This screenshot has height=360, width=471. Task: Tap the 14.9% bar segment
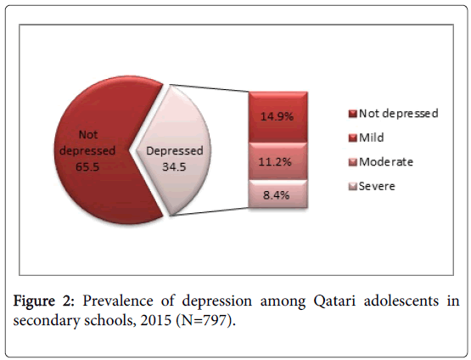278,116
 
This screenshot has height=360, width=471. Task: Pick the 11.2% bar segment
278,161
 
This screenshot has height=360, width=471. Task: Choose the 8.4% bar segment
278,194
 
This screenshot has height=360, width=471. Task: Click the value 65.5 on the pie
87,166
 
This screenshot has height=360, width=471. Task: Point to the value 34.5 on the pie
174,166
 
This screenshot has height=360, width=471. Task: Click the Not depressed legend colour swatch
353,114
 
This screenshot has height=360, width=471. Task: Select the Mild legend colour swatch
353,138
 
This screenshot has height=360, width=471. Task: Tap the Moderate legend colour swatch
353,162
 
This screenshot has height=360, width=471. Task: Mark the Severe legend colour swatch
353,186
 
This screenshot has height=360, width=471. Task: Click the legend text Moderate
386,162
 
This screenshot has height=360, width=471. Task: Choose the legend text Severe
377,186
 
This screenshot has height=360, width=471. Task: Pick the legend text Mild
372,138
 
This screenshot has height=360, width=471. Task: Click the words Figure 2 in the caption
44,301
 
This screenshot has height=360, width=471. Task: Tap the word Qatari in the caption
334,301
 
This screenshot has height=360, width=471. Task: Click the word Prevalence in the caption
118,301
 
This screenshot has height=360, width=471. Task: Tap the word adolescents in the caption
401,301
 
